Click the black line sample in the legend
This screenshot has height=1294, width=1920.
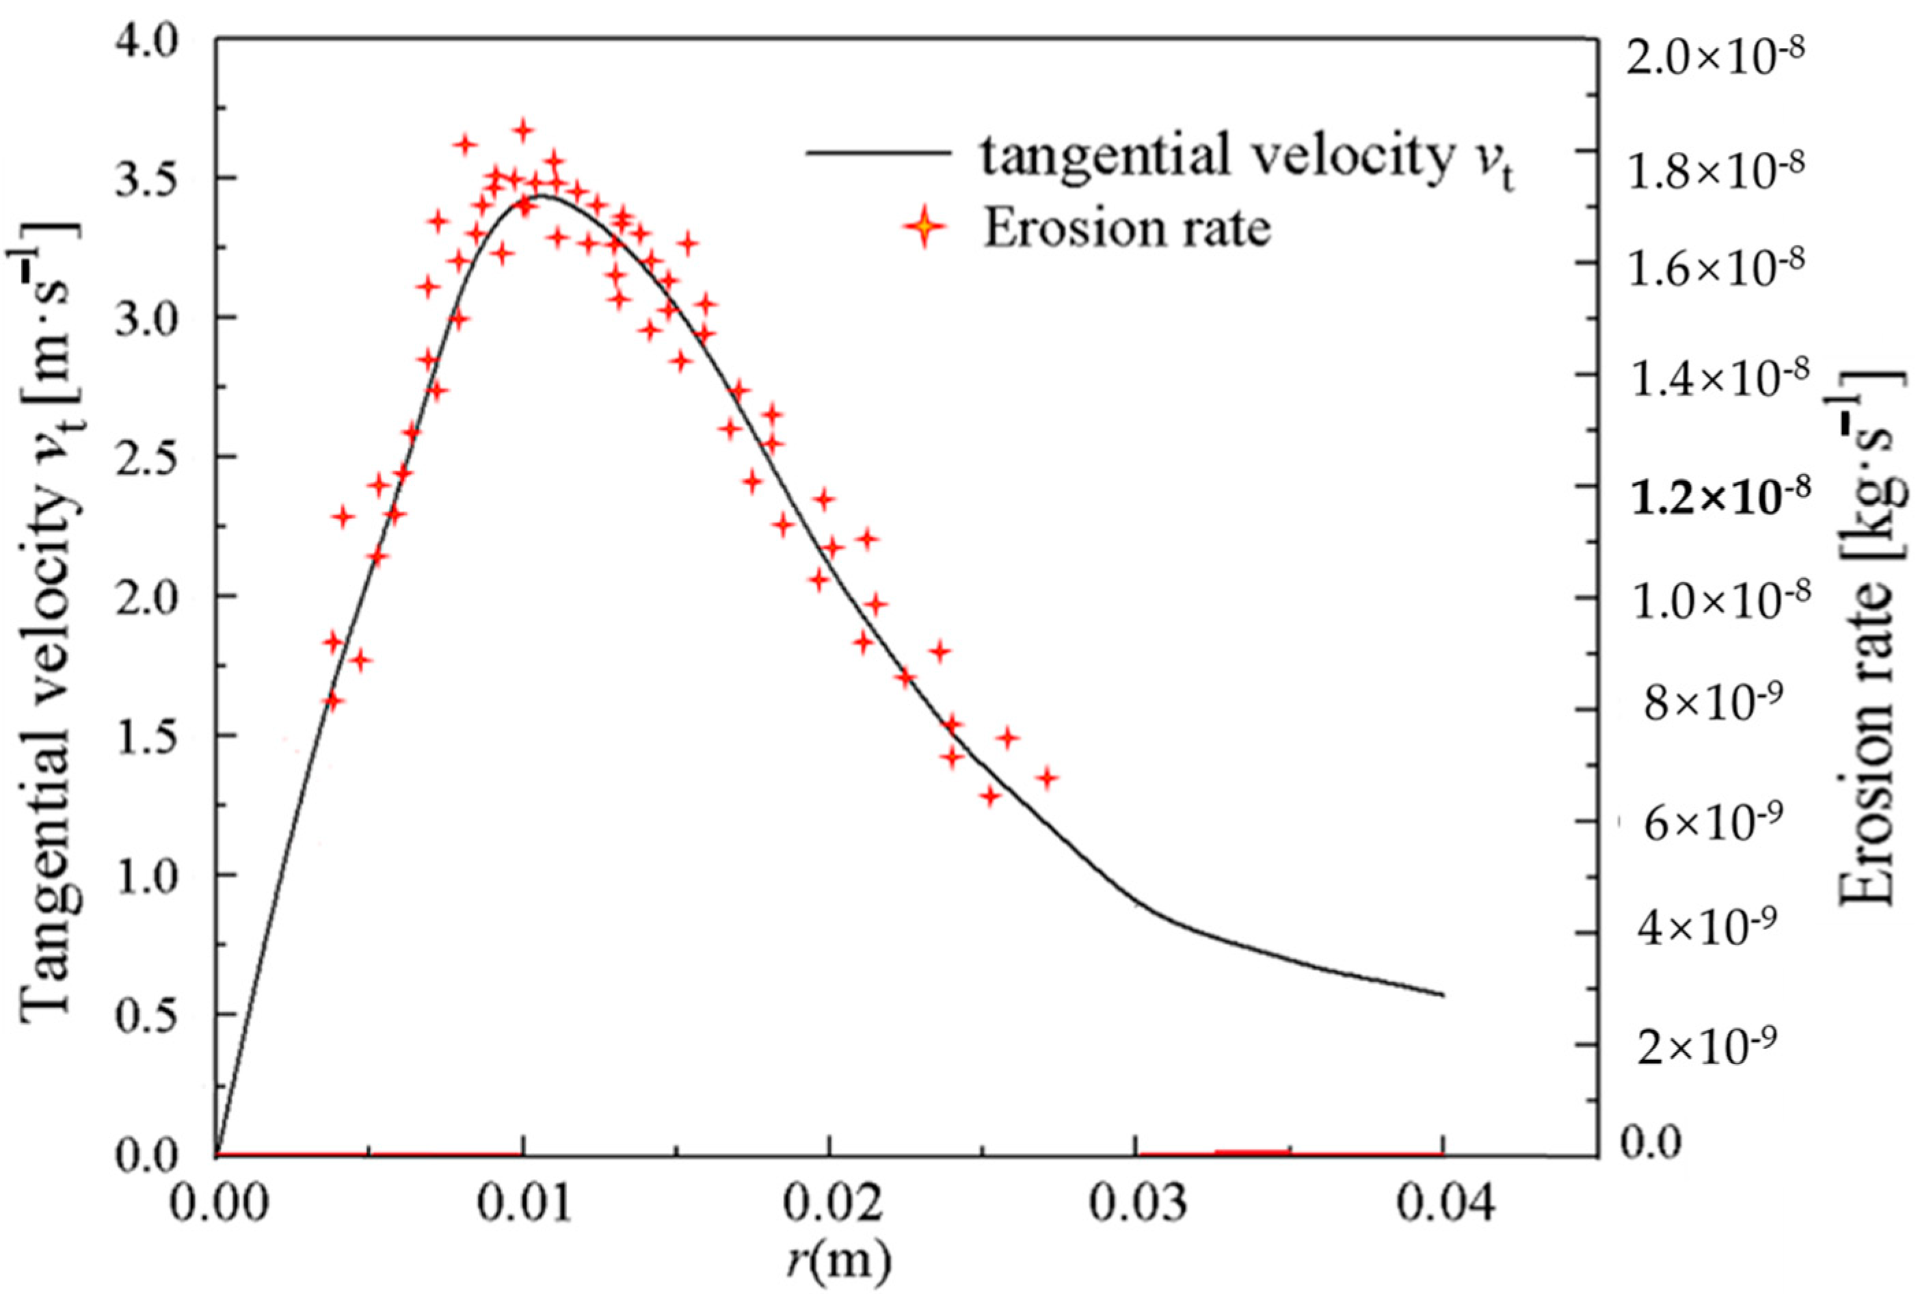pyautogui.click(x=877, y=153)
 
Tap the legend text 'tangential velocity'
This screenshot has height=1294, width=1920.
pyautogui.click(x=1213, y=156)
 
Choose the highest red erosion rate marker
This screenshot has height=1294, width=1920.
pyautogui.click(x=523, y=131)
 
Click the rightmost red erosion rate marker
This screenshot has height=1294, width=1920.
pyautogui.click(x=1047, y=778)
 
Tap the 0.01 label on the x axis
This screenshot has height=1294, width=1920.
pyautogui.click(x=523, y=1206)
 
